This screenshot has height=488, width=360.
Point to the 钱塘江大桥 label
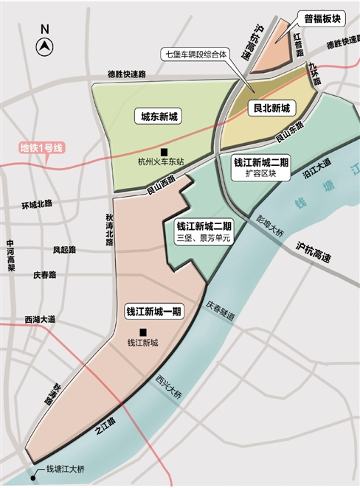tap(66, 469)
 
